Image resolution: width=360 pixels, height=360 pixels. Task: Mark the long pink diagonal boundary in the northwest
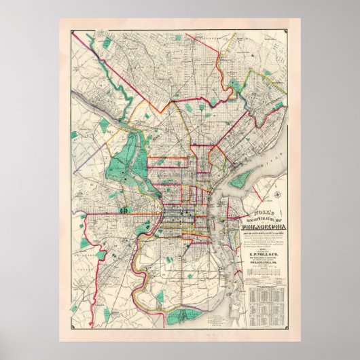click(129, 85)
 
